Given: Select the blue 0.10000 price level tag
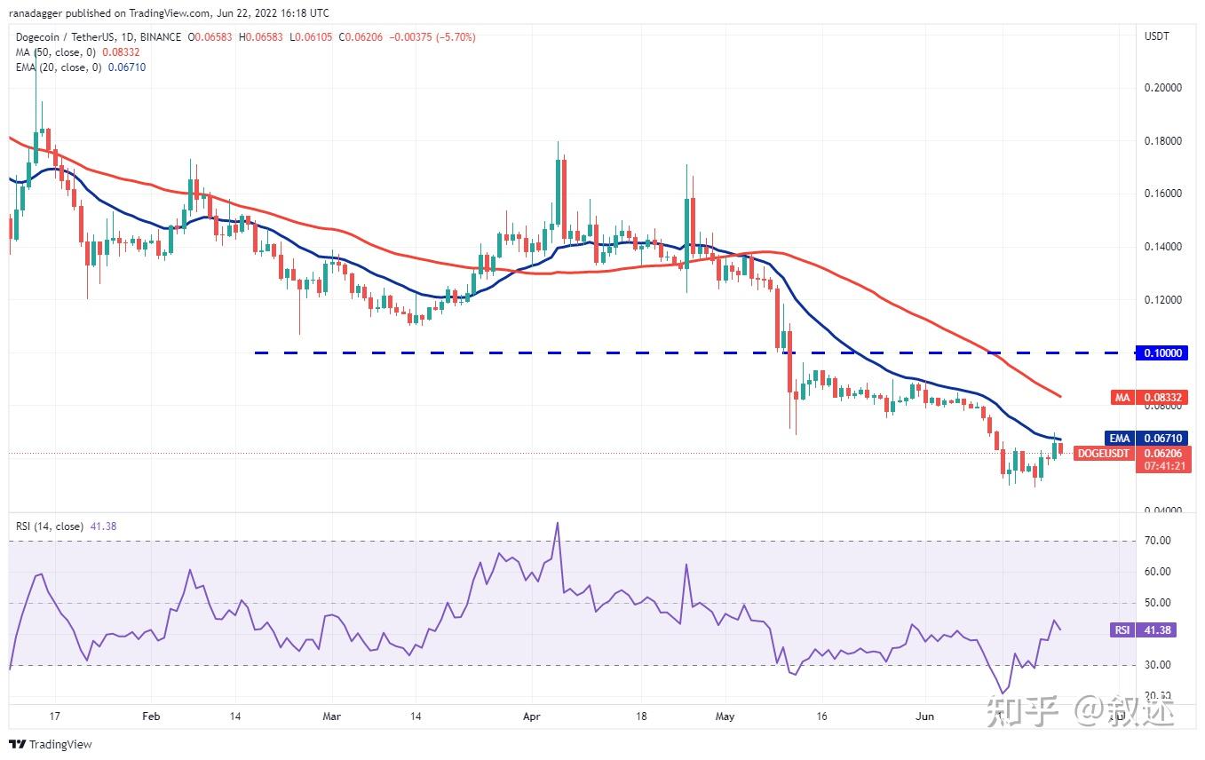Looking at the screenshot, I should click(1163, 353).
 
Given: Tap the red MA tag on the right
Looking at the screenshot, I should click(1122, 398).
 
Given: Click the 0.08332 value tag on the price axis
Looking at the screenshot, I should click(1163, 398).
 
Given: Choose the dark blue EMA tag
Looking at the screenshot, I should click(1119, 439).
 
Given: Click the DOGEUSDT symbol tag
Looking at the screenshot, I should click(1104, 454).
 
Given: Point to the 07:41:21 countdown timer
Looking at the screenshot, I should click(1163, 465).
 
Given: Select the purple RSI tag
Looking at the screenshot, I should click(1122, 630).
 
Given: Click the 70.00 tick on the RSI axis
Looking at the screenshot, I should click(1158, 541).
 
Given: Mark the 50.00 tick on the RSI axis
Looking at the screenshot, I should click(1158, 603).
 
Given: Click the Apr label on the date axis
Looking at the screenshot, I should click(532, 716).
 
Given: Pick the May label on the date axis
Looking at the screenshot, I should click(725, 716).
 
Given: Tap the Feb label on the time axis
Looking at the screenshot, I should click(151, 716).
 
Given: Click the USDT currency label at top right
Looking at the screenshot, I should click(1157, 36).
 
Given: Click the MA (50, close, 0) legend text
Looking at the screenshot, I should click(53, 52).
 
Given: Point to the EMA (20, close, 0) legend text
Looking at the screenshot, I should click(57, 67).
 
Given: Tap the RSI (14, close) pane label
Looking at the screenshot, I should click(50, 526).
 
